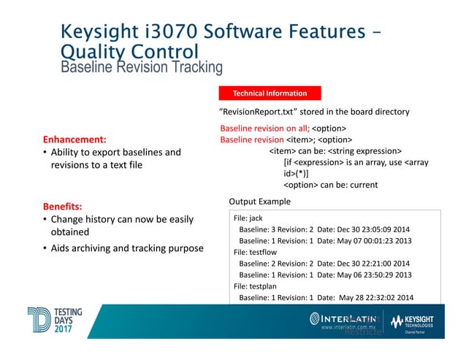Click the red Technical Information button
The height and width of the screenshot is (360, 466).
point(270,93)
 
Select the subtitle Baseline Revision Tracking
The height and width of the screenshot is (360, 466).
point(141,67)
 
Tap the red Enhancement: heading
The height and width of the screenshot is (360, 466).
point(75,139)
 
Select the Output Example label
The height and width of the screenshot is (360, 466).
point(259,201)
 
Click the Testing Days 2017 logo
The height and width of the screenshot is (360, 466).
point(55,321)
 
